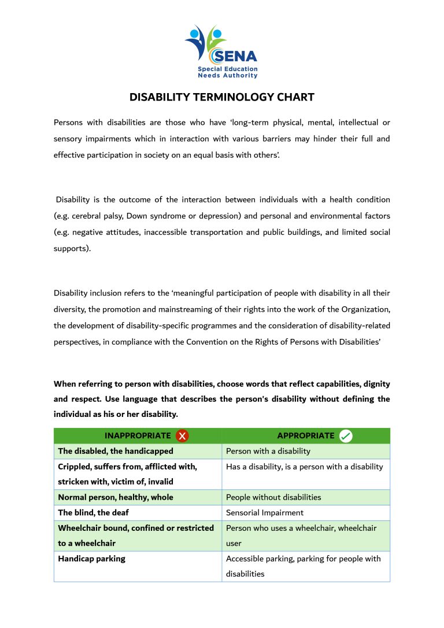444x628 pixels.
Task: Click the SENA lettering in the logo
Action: [235, 57]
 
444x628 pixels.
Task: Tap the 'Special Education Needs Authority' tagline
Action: [227, 72]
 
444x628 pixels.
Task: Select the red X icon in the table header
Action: [182, 436]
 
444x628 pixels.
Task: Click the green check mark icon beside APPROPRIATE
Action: [346, 436]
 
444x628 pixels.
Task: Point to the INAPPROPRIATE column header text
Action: [138, 436]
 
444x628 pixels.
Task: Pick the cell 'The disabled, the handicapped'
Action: [116, 451]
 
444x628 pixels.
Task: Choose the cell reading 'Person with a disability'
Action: [268, 451]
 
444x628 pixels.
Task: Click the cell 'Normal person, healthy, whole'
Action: [116, 497]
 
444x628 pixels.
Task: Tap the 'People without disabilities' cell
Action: [273, 497]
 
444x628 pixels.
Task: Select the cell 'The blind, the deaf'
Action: [94, 512]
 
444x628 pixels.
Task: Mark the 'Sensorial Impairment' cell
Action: [265, 512]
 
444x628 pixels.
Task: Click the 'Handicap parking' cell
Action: [92, 559]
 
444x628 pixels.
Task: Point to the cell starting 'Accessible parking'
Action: [304, 566]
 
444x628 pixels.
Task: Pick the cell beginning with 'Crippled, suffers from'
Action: [128, 474]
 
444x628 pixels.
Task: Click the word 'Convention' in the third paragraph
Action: [206, 342]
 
